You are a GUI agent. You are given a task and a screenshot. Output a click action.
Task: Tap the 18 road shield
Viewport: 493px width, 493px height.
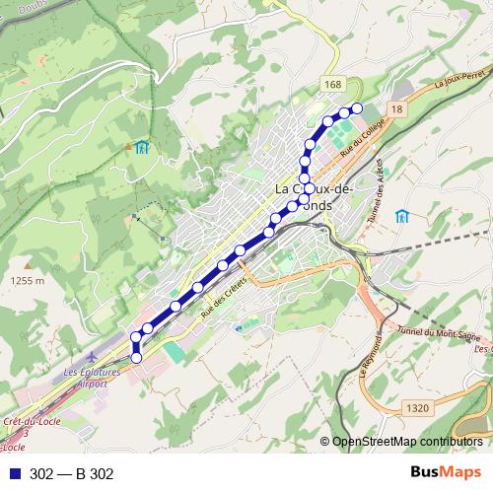(396, 108)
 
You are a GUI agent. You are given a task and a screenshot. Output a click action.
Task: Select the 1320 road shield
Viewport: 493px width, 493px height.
(418, 406)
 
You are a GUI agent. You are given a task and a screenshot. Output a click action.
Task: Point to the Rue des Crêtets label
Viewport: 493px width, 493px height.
(222, 295)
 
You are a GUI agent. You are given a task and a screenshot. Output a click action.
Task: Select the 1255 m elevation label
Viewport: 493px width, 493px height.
(28, 280)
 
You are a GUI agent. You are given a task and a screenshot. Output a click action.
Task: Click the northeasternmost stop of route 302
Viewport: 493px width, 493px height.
(357, 107)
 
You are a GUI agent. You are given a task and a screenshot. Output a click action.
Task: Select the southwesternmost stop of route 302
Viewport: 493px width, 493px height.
(136, 356)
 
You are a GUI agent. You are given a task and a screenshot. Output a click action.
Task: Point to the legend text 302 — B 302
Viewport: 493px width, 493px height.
(72, 474)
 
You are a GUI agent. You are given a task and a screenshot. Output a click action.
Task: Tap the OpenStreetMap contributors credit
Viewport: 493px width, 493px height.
(407, 443)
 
